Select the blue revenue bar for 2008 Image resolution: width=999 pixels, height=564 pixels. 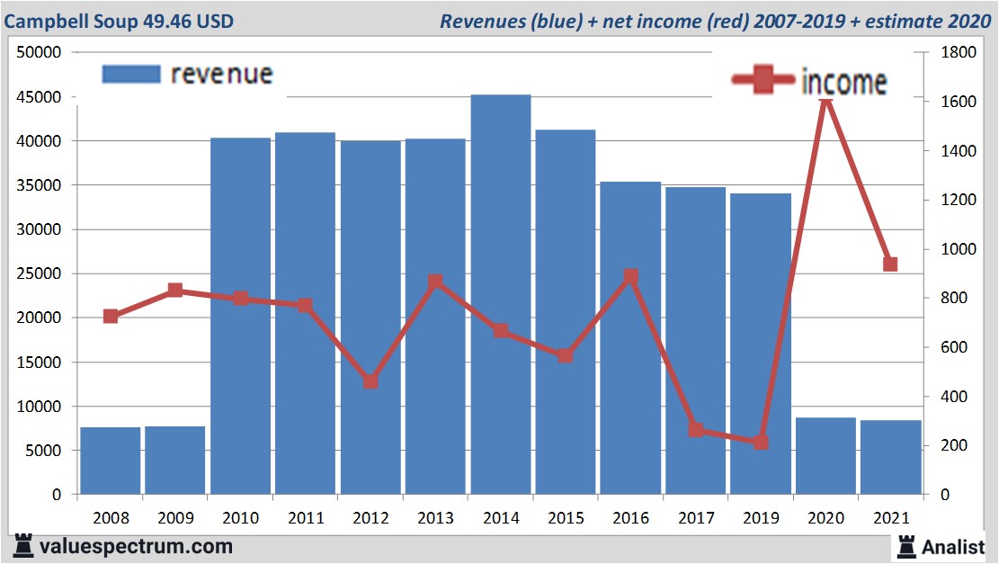[x=111, y=461]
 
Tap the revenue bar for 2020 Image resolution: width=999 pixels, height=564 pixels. [x=825, y=456]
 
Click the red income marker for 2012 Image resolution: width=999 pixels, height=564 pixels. [x=370, y=381]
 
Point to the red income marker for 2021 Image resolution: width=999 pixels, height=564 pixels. [x=890, y=264]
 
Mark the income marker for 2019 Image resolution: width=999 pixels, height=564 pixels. [x=761, y=443]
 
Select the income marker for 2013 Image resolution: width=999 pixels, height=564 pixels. [x=435, y=282]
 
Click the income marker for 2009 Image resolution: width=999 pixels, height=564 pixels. [x=175, y=291]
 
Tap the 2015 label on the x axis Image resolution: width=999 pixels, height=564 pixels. [x=566, y=518]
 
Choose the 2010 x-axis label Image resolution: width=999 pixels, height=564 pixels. [x=240, y=518]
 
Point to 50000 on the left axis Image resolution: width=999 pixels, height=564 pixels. [x=39, y=52]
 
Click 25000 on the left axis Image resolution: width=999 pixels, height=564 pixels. [x=39, y=273]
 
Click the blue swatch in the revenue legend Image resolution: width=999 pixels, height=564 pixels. [x=130, y=75]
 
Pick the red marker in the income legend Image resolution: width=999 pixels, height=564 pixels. [x=764, y=80]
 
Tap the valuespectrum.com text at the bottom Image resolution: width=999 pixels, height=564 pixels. [x=135, y=546]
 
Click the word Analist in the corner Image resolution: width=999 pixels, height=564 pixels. [x=953, y=546]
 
